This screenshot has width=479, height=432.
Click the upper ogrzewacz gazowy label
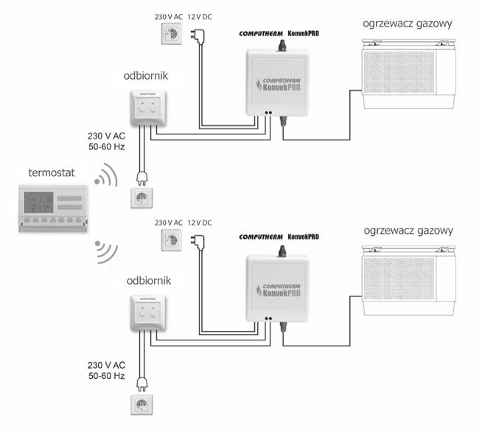coord(406,23)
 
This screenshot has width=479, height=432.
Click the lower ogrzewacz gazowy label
coord(406,230)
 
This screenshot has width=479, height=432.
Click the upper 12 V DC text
coord(203,16)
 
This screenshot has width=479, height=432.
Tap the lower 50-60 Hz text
coord(106,377)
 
